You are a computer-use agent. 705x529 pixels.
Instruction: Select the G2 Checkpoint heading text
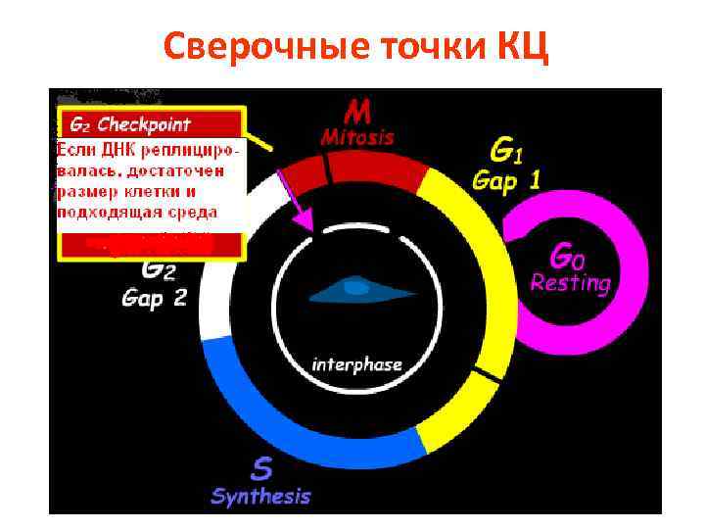[130, 125]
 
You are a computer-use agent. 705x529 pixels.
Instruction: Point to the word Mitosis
[357, 137]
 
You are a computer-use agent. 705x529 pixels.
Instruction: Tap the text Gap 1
[506, 181]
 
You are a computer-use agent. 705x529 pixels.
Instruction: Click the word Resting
[570, 284]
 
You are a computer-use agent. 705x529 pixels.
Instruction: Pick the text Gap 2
[154, 298]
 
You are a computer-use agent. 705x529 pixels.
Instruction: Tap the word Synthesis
[260, 496]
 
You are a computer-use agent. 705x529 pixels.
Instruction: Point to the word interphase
[356, 364]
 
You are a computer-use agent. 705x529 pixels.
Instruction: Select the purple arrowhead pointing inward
[306, 221]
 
